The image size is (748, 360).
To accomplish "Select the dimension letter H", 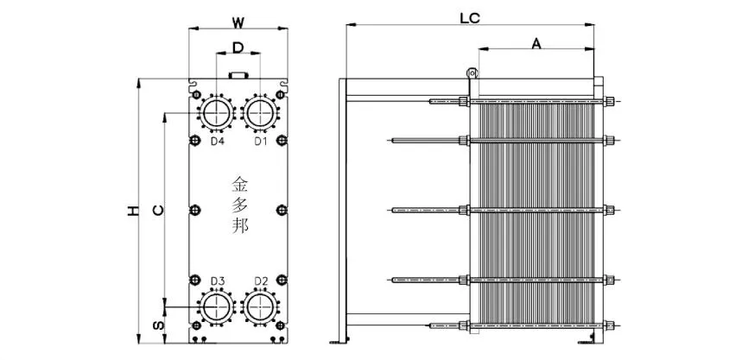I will tap(132, 211).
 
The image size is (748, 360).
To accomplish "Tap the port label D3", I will tap(218, 281).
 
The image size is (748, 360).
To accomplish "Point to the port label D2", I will tap(261, 281).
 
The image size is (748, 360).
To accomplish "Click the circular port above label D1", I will tap(259, 111).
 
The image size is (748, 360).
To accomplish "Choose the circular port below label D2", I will tap(259, 307).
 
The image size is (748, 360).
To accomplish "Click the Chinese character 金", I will tap(239, 184).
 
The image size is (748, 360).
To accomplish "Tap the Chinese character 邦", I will tap(239, 227).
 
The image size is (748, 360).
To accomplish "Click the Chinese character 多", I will tap(239, 205).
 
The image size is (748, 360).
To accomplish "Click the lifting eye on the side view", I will tap(471, 75).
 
